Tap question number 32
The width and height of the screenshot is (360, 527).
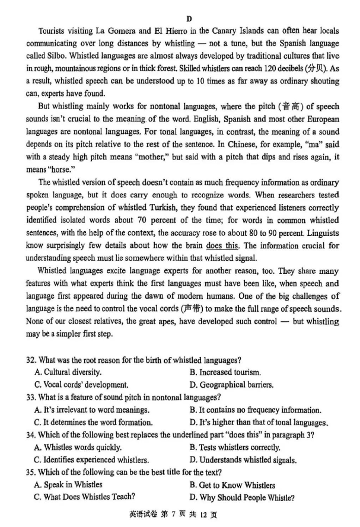click(x=31, y=360)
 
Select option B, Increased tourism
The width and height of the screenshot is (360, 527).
click(x=225, y=372)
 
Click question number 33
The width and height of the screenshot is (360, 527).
click(x=31, y=397)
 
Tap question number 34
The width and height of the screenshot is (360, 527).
click(x=31, y=435)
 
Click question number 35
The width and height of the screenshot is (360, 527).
click(x=31, y=472)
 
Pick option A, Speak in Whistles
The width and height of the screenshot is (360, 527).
click(x=68, y=484)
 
